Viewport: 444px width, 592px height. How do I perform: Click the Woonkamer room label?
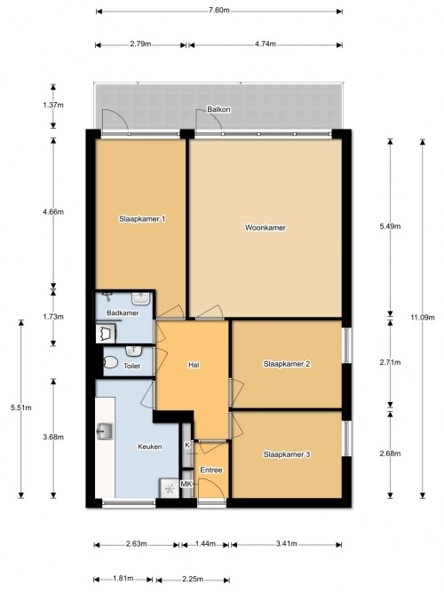point(265,228)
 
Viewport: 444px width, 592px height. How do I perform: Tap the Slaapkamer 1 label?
point(142,218)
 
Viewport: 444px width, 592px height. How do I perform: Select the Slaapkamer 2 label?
point(287,364)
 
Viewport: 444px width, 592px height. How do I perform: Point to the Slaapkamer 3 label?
point(287,454)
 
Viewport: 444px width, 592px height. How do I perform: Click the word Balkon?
point(218,109)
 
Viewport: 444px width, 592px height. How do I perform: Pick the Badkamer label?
point(123,313)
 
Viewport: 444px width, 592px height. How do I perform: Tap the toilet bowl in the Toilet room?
point(110,363)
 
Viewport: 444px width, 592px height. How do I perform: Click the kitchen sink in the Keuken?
point(105,431)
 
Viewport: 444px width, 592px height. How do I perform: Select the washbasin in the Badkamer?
point(141,298)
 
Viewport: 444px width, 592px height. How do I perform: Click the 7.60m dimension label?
point(218,10)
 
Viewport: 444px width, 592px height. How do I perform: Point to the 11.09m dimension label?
point(423,317)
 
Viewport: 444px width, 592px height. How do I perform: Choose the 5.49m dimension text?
point(390,226)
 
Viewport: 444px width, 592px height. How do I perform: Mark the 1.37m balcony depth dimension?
point(53,105)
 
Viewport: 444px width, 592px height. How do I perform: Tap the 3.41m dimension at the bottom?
point(286,544)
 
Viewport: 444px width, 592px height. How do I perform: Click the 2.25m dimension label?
point(193,580)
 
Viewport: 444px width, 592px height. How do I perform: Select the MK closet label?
point(186,484)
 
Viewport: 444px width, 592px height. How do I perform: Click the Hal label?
point(194,365)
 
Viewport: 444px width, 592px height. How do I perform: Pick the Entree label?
point(211,470)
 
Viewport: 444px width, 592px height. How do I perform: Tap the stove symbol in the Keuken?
point(170,488)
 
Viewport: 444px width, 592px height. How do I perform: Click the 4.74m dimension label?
point(265,43)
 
